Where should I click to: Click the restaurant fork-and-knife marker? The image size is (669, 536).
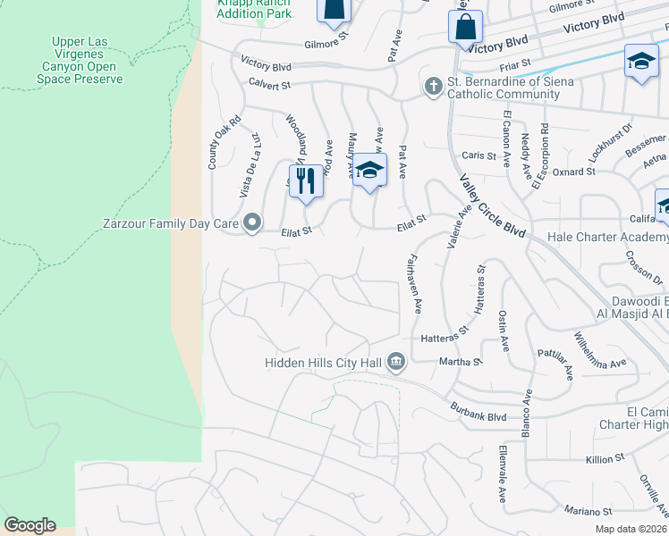pyautogui.click(x=306, y=180)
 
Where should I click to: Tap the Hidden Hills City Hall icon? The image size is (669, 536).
pyautogui.click(x=396, y=363)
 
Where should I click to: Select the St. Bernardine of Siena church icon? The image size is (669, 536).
pyautogui.click(x=432, y=87)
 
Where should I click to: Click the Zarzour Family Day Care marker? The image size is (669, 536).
pyautogui.click(x=252, y=222)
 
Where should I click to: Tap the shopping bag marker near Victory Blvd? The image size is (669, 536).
pyautogui.click(x=465, y=27)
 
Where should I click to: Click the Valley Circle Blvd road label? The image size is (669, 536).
pyautogui.click(x=492, y=205)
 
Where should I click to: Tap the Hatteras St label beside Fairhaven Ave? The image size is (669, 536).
pyautogui.click(x=445, y=335)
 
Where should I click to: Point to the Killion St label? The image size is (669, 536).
pyautogui.click(x=603, y=459)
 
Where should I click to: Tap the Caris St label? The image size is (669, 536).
pyautogui.click(x=478, y=155)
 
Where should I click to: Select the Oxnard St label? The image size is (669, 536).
pyautogui.click(x=574, y=172)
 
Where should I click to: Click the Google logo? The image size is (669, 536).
pyautogui.click(x=30, y=525)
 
